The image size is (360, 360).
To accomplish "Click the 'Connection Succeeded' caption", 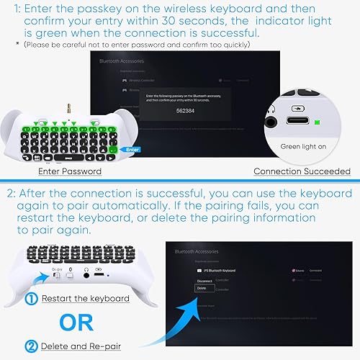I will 302,171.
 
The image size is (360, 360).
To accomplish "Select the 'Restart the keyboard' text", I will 85,299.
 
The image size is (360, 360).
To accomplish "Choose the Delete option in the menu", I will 202,288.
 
